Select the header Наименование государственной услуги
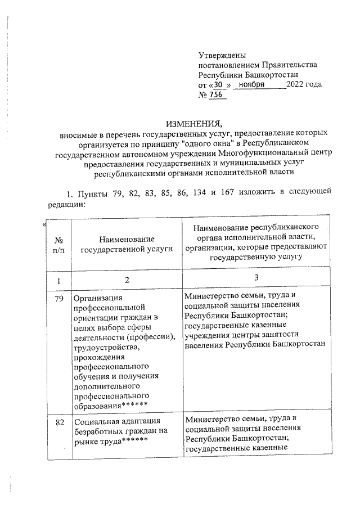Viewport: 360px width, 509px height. tap(127, 247)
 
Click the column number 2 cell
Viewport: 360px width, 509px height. tap(127, 280)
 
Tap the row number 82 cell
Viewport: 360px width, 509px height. tap(58, 421)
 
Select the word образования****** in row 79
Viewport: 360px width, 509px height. tap(111, 405)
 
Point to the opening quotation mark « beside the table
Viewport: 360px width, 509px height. tap(44, 226)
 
